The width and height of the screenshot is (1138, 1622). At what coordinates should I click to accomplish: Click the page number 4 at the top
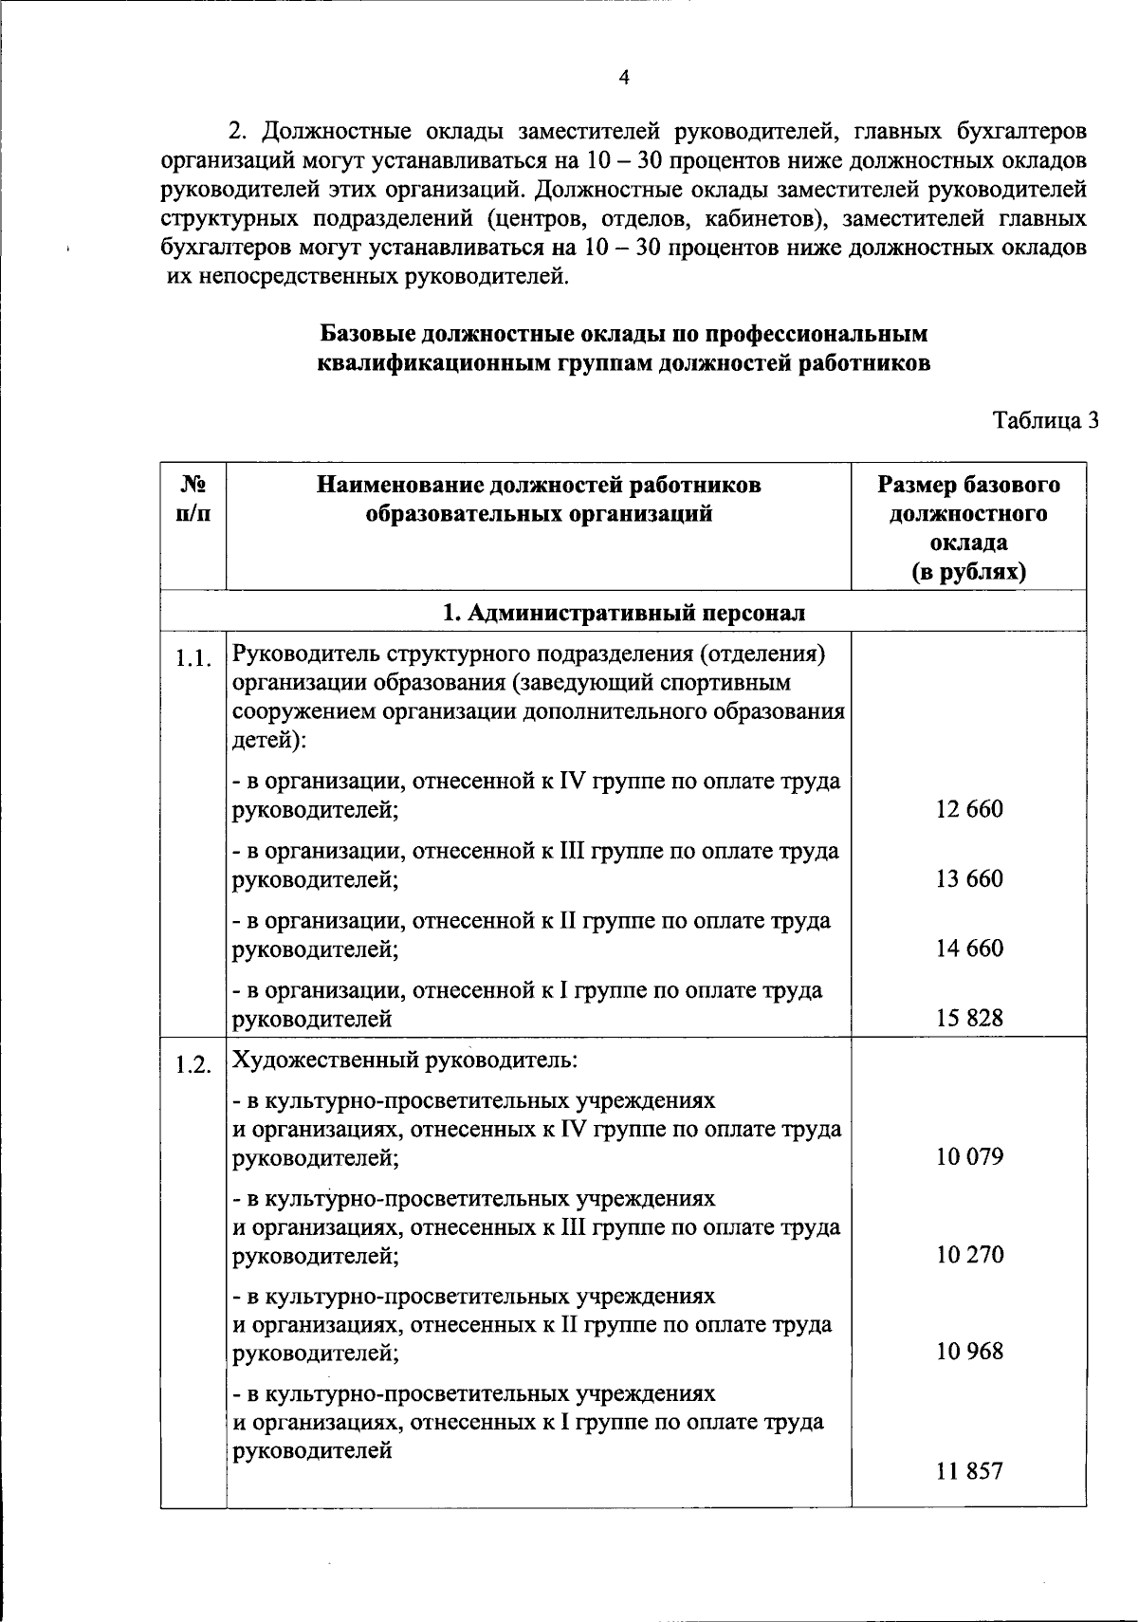tap(623, 79)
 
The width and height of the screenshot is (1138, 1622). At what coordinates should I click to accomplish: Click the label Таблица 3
tap(1045, 420)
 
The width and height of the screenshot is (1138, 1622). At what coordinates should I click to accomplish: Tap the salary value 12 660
tap(969, 809)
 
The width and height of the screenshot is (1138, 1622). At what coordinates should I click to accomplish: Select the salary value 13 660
tap(969, 878)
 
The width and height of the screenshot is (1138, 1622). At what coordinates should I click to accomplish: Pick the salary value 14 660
tap(969, 948)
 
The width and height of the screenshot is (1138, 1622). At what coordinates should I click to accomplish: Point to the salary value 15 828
tap(969, 1018)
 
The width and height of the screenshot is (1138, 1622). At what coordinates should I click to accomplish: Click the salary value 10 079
tap(969, 1156)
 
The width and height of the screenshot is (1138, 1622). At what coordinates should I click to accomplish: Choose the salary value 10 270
tap(969, 1254)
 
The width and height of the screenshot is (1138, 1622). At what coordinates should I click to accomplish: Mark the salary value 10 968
tap(969, 1351)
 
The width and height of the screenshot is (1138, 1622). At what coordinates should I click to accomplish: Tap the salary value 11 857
tap(969, 1472)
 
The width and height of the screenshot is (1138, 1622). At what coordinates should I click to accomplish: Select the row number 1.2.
tap(193, 1064)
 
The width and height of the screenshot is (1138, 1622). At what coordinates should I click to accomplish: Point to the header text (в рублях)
tap(969, 572)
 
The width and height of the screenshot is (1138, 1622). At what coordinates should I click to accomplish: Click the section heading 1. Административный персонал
tap(624, 613)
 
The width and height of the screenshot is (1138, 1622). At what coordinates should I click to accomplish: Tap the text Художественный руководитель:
tap(405, 1060)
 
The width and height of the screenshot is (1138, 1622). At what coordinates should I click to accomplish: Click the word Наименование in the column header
tap(398, 486)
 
